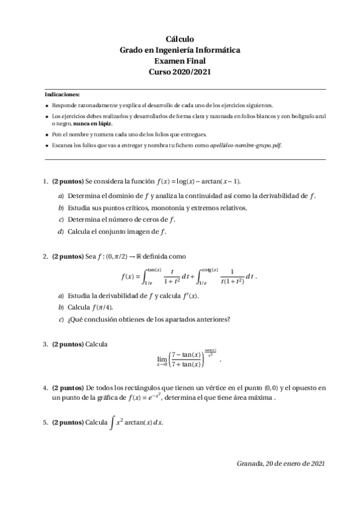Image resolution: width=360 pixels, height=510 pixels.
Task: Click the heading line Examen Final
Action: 180,61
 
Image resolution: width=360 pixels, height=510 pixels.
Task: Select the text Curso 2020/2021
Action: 180,72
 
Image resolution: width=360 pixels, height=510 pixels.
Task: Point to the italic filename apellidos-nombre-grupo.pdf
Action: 243,145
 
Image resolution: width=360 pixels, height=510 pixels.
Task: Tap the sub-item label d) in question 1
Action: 61,232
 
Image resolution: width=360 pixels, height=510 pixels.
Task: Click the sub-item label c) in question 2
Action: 61,319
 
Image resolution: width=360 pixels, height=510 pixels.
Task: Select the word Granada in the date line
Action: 250,463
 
